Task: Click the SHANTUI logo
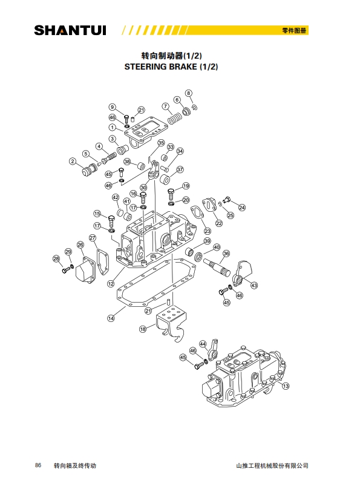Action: click(x=70, y=30)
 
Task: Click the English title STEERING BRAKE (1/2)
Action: click(x=171, y=67)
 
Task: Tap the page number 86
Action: click(x=38, y=465)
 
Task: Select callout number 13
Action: click(x=286, y=386)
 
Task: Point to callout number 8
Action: click(x=189, y=93)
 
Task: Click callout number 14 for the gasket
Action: click(x=111, y=318)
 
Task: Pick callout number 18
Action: click(x=143, y=329)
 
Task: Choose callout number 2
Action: click(x=73, y=161)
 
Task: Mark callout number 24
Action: click(x=242, y=208)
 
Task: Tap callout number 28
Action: click(x=56, y=258)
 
